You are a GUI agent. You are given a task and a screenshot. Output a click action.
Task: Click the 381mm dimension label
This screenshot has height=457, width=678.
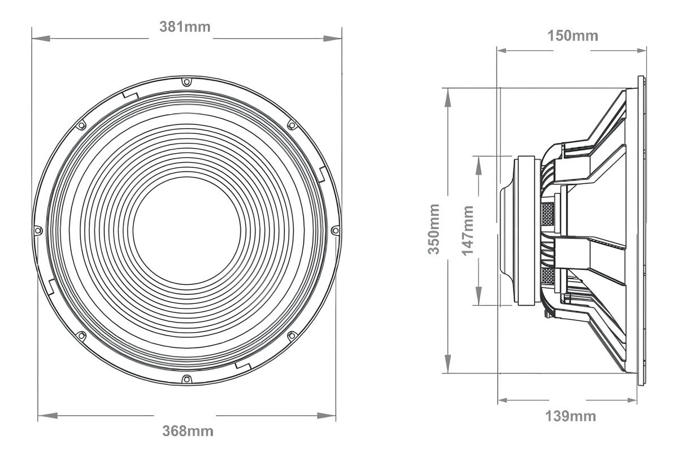(x=185, y=27)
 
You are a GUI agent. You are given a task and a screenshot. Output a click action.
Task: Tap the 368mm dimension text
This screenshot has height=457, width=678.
(x=188, y=431)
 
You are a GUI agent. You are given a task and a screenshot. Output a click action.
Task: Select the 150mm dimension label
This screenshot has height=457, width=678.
(x=573, y=36)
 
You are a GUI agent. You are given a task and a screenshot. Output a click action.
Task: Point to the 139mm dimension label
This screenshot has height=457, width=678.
(x=571, y=416)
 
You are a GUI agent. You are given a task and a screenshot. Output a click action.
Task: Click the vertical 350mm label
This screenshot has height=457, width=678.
(x=433, y=229)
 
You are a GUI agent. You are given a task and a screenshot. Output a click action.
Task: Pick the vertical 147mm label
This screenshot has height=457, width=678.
(x=467, y=230)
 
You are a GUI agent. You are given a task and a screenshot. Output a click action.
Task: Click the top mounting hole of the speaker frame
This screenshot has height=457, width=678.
(x=187, y=82)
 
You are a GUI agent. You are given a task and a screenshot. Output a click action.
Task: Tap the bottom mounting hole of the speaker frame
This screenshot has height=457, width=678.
(x=187, y=379)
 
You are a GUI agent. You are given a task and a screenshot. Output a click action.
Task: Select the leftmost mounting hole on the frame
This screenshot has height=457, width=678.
(x=38, y=230)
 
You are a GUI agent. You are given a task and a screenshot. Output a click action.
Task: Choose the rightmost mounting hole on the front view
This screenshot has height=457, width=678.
(x=336, y=230)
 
